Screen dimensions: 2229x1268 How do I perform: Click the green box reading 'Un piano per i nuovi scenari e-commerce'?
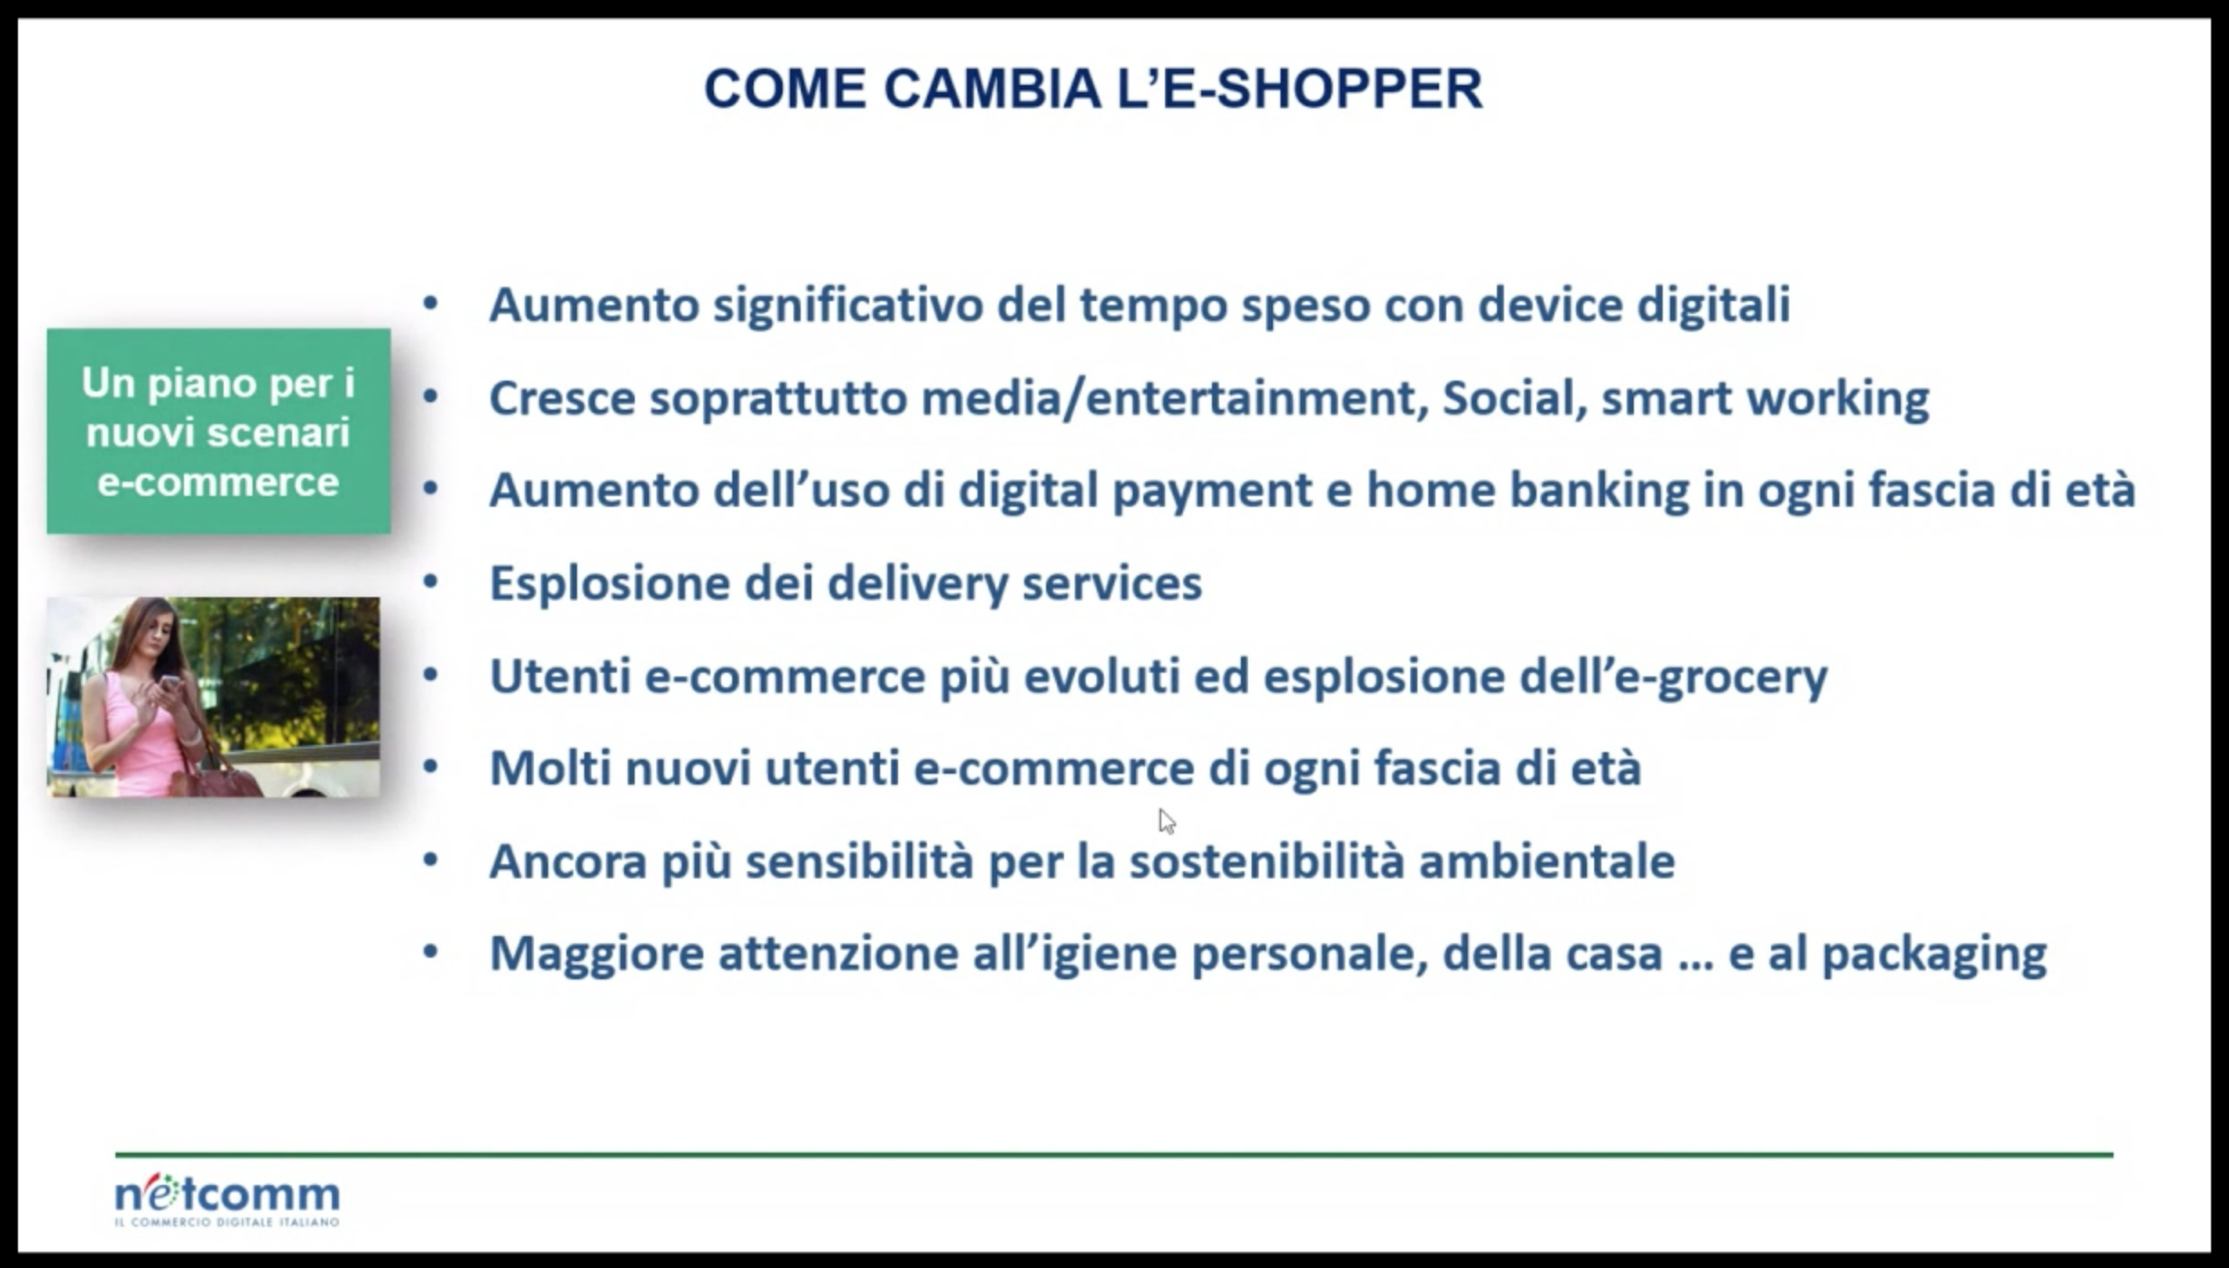(218, 431)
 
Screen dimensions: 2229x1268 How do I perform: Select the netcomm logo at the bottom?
(227, 1199)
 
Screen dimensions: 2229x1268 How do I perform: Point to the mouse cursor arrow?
(1167, 822)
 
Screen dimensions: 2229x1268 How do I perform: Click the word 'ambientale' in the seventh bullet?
(1546, 861)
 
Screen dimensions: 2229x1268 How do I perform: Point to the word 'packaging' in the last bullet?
(1934, 955)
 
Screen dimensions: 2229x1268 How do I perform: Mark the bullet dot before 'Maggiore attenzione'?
(431, 951)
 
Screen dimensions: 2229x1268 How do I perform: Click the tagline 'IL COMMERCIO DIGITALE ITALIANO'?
(227, 1223)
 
